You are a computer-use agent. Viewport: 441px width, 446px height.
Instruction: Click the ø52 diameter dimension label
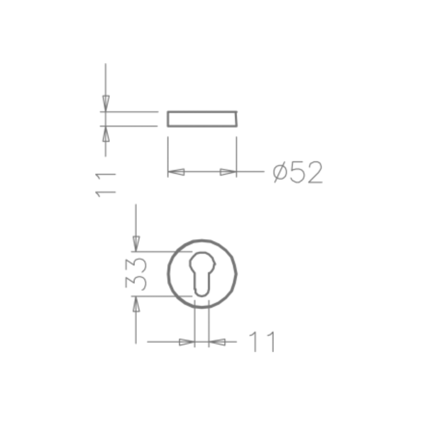pyautogui.click(x=298, y=172)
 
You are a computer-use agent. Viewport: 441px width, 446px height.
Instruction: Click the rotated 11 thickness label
pyautogui.click(x=105, y=184)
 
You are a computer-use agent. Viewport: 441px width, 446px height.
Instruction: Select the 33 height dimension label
pyautogui.click(x=136, y=274)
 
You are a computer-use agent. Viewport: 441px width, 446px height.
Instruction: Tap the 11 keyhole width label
pyautogui.click(x=262, y=342)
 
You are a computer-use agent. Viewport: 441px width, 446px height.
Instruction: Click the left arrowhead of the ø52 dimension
pyautogui.click(x=176, y=172)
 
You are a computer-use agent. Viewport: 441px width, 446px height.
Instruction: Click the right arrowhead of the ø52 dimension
pyautogui.click(x=228, y=172)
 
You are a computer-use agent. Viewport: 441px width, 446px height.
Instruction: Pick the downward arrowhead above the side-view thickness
pyautogui.click(x=106, y=103)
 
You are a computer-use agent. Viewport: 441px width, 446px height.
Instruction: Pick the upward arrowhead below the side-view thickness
pyautogui.click(x=106, y=134)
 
